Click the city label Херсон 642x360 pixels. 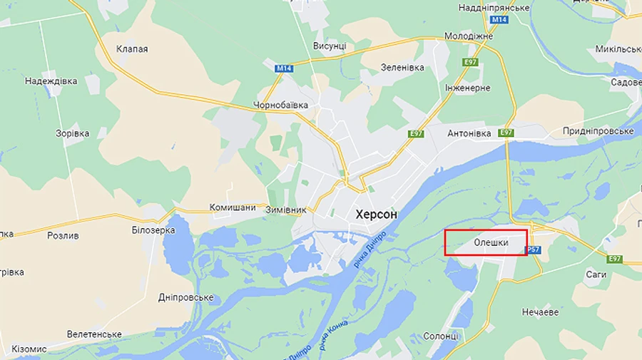[376, 214]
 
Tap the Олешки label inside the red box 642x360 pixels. [491, 243]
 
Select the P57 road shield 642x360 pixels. [533, 250]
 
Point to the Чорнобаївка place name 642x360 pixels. [280, 106]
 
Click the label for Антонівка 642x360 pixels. [469, 133]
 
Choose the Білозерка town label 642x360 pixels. [153, 230]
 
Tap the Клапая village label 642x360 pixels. [132, 49]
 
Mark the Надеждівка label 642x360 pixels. [51, 81]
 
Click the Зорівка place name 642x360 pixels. [72, 133]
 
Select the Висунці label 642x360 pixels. [330, 46]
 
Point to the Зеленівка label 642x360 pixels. [402, 68]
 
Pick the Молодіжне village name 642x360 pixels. [469, 36]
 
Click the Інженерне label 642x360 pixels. [468, 88]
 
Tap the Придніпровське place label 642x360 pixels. [598, 131]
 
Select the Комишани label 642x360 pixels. [233, 207]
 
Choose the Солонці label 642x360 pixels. [441, 336]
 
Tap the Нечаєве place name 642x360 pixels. [540, 312]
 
